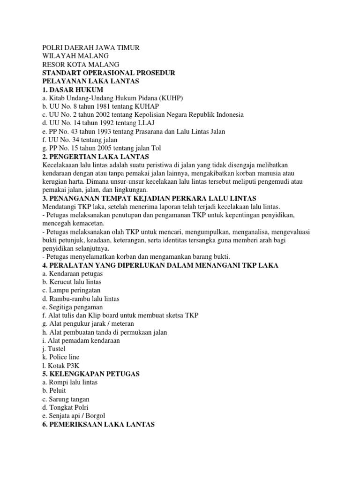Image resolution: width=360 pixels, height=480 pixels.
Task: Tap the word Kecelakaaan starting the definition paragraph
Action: (63, 165)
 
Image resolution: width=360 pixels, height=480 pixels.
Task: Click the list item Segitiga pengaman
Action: (72, 307)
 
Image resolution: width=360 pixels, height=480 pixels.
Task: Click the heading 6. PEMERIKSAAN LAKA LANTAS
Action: (98, 424)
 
